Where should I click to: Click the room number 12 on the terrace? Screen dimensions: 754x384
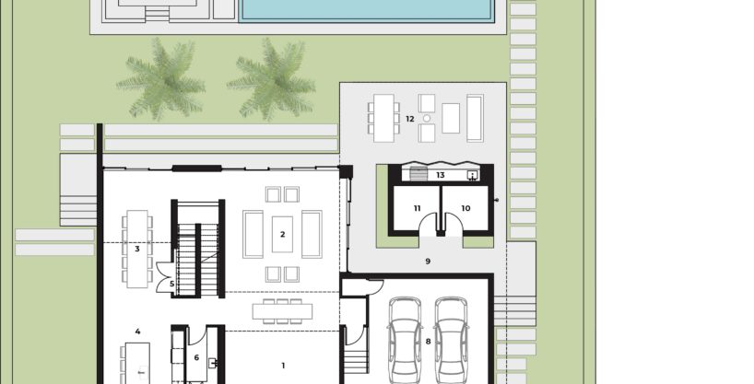409,119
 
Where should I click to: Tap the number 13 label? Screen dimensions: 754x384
440,175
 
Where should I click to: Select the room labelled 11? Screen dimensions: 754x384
417,208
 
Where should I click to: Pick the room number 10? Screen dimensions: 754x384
465,208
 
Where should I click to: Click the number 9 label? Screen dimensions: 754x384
428,262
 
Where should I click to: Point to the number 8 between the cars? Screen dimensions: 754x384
428,342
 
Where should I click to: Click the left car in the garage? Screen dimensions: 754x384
405,341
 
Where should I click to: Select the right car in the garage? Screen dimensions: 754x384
452,341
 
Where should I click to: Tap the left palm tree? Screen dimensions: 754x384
161,80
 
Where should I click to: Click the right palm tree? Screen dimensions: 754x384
272,80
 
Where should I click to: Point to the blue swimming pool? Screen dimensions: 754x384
367,10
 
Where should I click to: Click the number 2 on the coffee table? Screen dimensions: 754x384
282,235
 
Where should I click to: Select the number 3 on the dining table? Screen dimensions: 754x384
137,249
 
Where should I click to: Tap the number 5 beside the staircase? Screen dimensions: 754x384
171,284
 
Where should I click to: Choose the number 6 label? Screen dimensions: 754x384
196,357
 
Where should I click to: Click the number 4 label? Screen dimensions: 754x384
137,332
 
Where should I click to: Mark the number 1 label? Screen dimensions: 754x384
283,366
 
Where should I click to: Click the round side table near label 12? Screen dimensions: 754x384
427,118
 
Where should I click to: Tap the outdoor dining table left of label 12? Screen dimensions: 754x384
383,118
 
